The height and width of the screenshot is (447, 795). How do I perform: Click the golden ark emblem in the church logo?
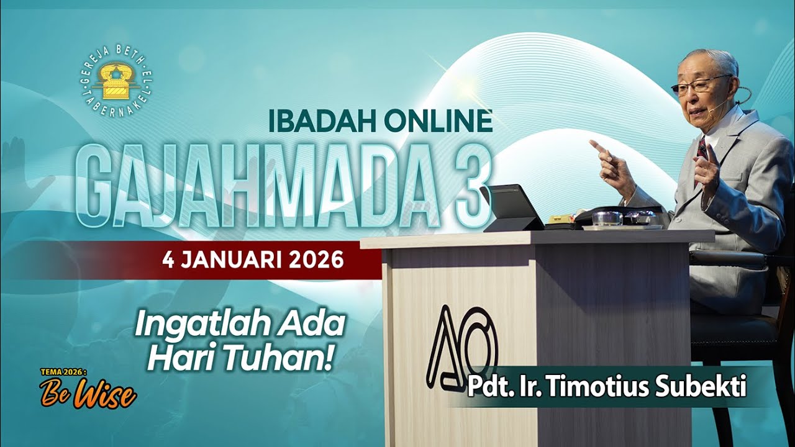click(116, 86)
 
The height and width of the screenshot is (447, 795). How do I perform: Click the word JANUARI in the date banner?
click(233, 260)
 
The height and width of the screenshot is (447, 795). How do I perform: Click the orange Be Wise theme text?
click(88, 392)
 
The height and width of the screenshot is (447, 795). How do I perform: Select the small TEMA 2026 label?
click(64, 372)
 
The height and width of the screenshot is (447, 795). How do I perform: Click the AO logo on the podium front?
click(461, 348)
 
